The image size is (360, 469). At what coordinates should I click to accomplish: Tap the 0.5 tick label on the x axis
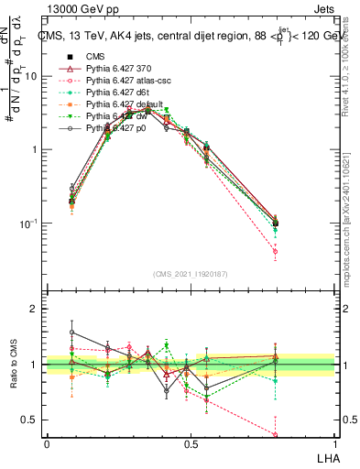point(191,444)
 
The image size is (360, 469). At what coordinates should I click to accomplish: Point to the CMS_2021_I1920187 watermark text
point(190,273)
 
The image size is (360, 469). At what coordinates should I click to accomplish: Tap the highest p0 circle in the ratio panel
point(72,333)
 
